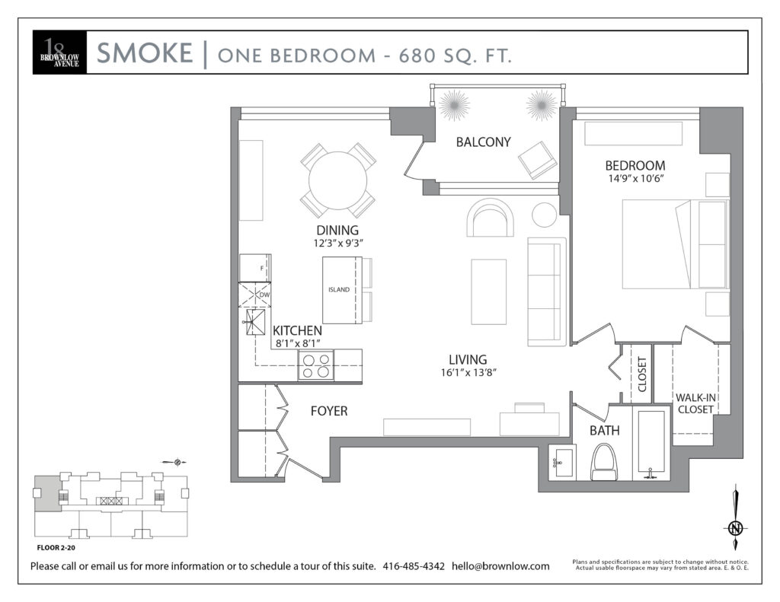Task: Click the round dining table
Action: point(337,180)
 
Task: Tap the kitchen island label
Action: point(339,289)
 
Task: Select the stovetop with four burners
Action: point(316,365)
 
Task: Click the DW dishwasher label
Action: point(264,295)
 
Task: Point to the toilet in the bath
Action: point(603,462)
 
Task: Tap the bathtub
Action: point(651,442)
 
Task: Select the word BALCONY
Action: point(484,142)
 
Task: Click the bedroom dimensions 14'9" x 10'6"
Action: point(636,178)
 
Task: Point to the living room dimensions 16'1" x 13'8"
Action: point(468,372)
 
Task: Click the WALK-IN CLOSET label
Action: point(695,403)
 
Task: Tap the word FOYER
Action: point(329,411)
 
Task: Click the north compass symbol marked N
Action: point(736,528)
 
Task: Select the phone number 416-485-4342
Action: point(414,566)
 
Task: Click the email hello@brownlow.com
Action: point(500,566)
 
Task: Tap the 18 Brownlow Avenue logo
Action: point(59,53)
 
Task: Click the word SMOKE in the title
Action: point(144,53)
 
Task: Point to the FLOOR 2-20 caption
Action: point(56,548)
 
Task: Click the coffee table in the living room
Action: point(488,291)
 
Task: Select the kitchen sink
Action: point(256,322)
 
